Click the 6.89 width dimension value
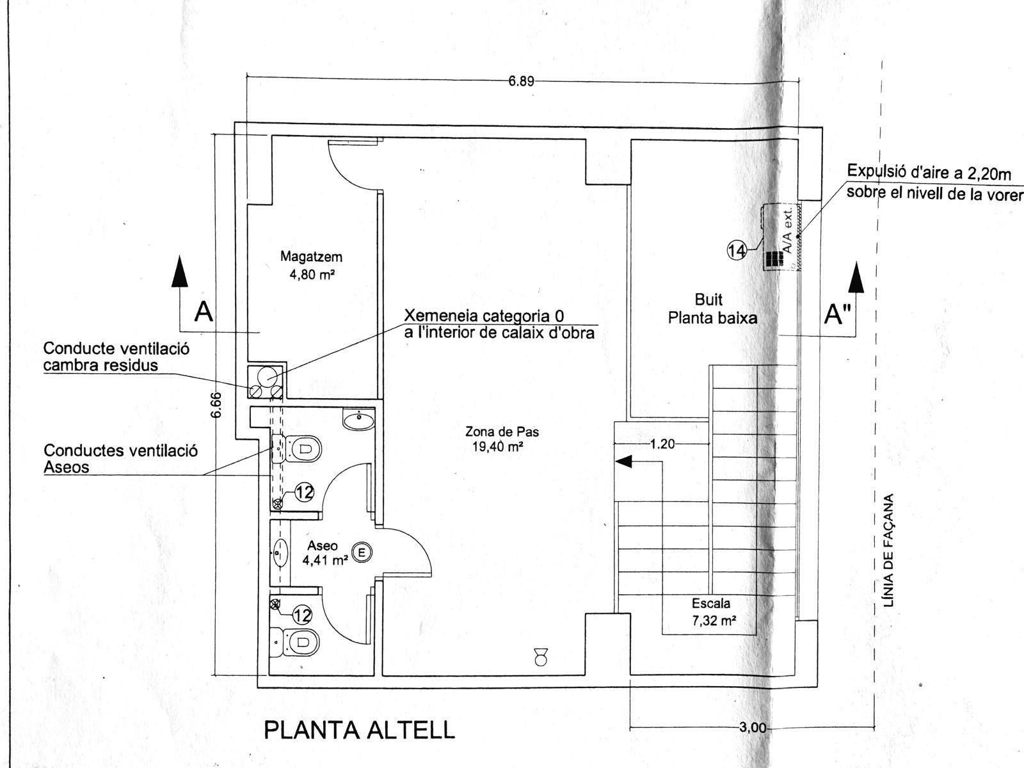521,81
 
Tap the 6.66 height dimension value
216,404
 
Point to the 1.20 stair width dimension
662,444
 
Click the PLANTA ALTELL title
359,730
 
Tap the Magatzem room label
311,265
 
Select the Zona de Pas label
502,439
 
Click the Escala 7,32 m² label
710,611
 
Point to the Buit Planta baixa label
712,308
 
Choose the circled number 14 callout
737,250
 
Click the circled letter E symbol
362,552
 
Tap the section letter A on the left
203,312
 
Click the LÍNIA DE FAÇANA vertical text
888,550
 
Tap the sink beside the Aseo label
280,552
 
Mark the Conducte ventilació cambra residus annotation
116,356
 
